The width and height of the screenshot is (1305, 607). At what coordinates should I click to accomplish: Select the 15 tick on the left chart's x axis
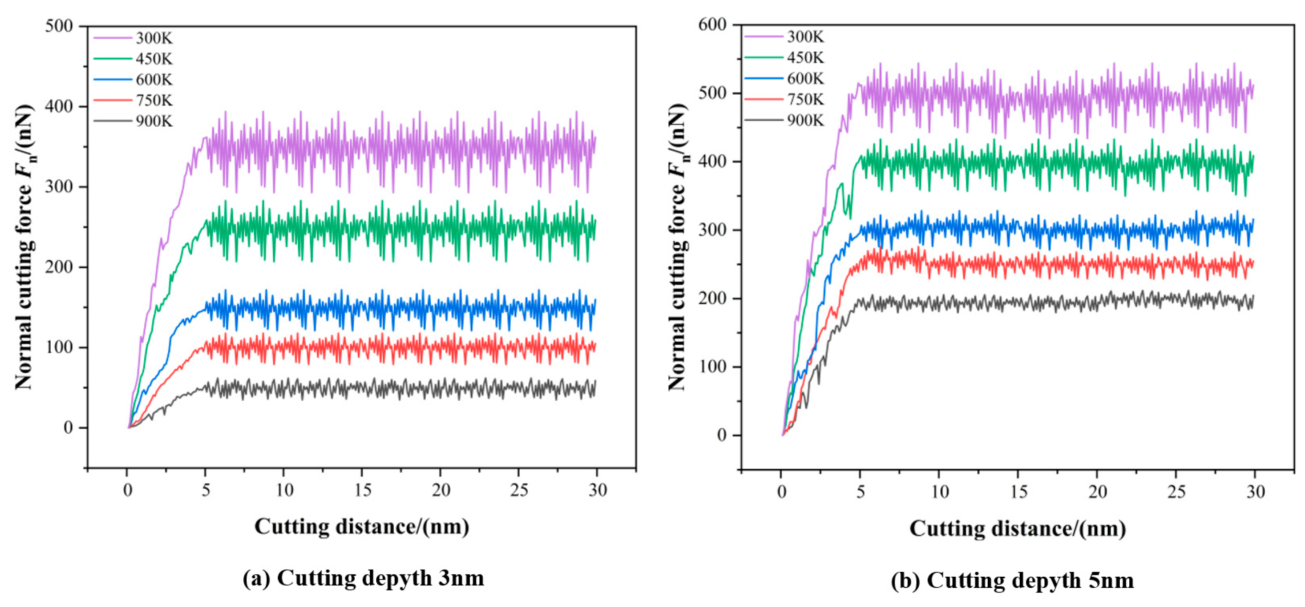363,490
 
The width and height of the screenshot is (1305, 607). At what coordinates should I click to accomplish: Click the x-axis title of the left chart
362,527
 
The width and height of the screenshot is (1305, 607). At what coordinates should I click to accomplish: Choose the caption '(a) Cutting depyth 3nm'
363,578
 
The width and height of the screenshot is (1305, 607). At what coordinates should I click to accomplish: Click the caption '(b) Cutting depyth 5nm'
1013,580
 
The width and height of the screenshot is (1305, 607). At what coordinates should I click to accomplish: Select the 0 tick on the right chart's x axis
782,492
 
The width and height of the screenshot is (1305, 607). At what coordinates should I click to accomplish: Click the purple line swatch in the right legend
763,37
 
